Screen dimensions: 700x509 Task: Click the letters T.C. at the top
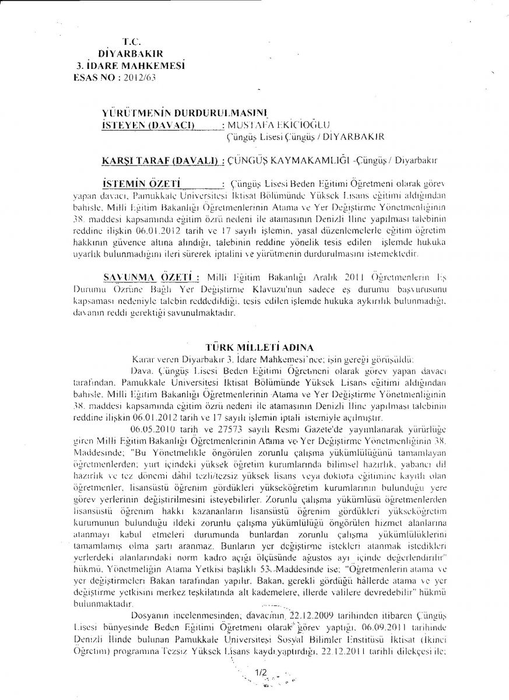(x=129, y=41)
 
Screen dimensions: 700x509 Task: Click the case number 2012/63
(x=139, y=76)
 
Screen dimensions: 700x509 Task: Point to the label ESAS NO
(x=95, y=76)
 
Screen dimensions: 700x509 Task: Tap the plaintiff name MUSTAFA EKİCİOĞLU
(x=280, y=124)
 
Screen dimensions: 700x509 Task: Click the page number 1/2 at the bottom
(x=261, y=674)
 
